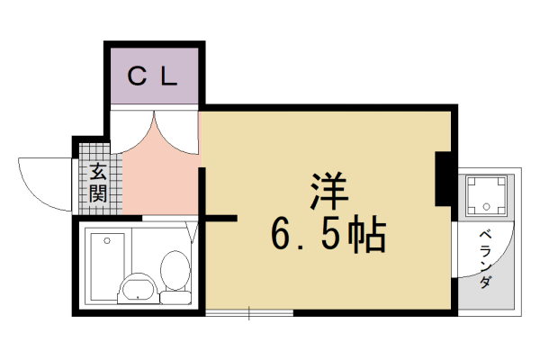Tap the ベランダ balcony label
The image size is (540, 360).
point(484,257)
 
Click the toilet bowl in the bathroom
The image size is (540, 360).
point(175,267)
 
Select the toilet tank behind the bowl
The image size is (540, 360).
point(175,295)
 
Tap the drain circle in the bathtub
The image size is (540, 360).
point(107,240)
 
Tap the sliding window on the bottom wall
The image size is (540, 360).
point(249,313)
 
